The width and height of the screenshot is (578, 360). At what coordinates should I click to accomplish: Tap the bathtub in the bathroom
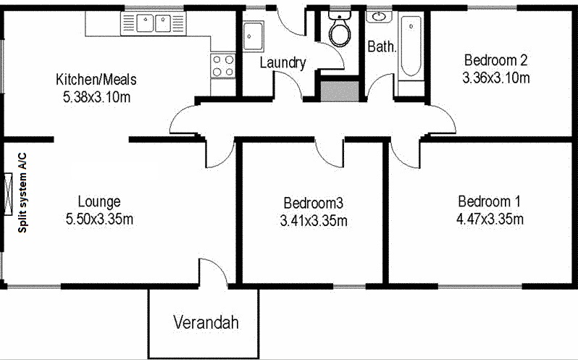tap(411, 46)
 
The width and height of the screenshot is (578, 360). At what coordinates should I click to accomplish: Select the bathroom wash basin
tap(379, 17)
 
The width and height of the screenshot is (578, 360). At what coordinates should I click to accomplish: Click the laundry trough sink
tap(254, 35)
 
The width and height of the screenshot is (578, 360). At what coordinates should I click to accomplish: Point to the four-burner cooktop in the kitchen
tap(223, 66)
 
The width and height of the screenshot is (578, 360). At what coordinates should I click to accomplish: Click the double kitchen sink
tap(154, 23)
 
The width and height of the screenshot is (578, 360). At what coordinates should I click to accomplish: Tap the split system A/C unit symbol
tap(8, 194)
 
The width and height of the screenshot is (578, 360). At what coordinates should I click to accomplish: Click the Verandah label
tap(206, 323)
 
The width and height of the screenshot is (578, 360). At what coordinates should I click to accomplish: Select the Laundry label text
tap(282, 62)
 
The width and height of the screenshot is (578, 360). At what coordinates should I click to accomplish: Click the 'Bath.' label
tap(382, 46)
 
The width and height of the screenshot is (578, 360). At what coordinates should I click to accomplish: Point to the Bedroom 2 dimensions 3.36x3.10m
tap(496, 78)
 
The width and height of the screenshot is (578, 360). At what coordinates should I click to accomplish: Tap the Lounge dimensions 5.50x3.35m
tap(99, 219)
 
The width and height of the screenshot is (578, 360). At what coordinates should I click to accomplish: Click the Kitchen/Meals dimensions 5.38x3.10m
tap(96, 97)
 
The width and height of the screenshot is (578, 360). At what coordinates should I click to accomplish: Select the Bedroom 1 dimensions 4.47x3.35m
tap(490, 219)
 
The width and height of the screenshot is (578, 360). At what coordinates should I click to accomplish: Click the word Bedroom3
tap(314, 203)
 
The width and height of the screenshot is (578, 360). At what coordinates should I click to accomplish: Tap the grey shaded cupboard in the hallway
tap(340, 91)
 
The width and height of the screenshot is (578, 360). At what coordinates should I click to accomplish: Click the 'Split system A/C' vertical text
tap(22, 193)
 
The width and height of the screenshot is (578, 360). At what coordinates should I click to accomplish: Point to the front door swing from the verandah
tap(213, 271)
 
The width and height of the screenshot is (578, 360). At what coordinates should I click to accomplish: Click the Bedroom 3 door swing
tap(329, 155)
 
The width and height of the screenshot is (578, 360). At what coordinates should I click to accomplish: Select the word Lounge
tap(99, 202)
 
